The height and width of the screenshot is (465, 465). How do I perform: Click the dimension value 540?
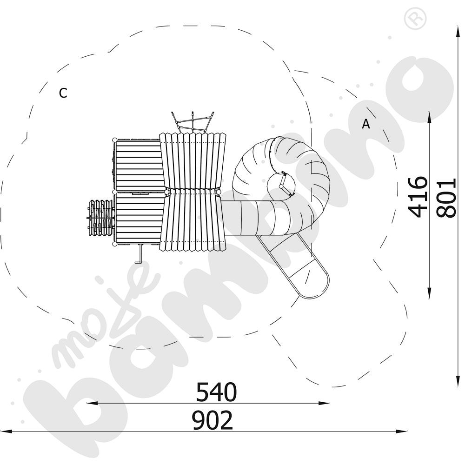[x=217, y=392]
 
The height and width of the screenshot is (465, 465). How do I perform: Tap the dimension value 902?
[x=213, y=420]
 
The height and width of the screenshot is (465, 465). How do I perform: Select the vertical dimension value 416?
[x=418, y=197]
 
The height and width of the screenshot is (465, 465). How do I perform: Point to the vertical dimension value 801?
[x=446, y=198]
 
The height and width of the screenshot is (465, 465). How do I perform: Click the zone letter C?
[x=63, y=93]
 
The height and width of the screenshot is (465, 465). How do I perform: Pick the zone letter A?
[x=366, y=124]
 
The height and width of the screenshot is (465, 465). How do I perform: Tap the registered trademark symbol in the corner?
[x=417, y=19]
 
